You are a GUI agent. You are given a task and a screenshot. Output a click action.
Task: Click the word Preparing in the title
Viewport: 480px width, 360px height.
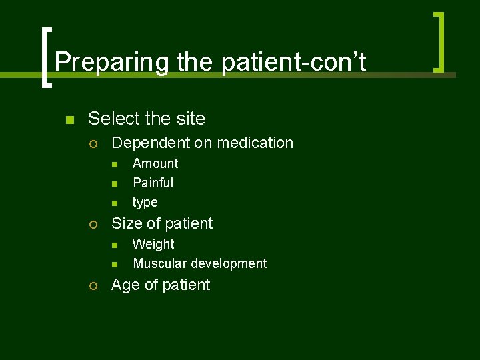pyautogui.click(x=112, y=62)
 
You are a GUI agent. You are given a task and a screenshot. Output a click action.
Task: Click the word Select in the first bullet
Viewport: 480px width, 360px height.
pyautogui.click(x=112, y=119)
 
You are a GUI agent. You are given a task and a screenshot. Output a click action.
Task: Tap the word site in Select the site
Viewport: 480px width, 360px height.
pyautogui.click(x=190, y=119)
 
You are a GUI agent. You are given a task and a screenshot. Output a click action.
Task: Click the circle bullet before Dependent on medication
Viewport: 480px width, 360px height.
pyautogui.click(x=93, y=143)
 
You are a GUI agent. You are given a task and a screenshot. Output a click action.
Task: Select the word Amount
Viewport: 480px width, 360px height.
pyautogui.click(x=155, y=163)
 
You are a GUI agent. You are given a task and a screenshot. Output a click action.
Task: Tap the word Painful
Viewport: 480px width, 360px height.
pyautogui.click(x=153, y=183)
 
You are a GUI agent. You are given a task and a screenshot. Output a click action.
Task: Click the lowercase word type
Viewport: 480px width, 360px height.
pyautogui.click(x=145, y=203)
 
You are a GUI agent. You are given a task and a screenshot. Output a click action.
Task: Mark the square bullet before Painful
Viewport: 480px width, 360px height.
pyautogui.click(x=114, y=183)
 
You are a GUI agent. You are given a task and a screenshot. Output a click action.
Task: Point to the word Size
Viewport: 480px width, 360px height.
pyautogui.click(x=125, y=223)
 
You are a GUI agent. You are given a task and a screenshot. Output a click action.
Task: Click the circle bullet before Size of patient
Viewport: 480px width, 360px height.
pyautogui.click(x=93, y=224)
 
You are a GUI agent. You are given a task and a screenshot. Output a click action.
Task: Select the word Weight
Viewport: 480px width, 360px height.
pyautogui.click(x=153, y=245)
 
